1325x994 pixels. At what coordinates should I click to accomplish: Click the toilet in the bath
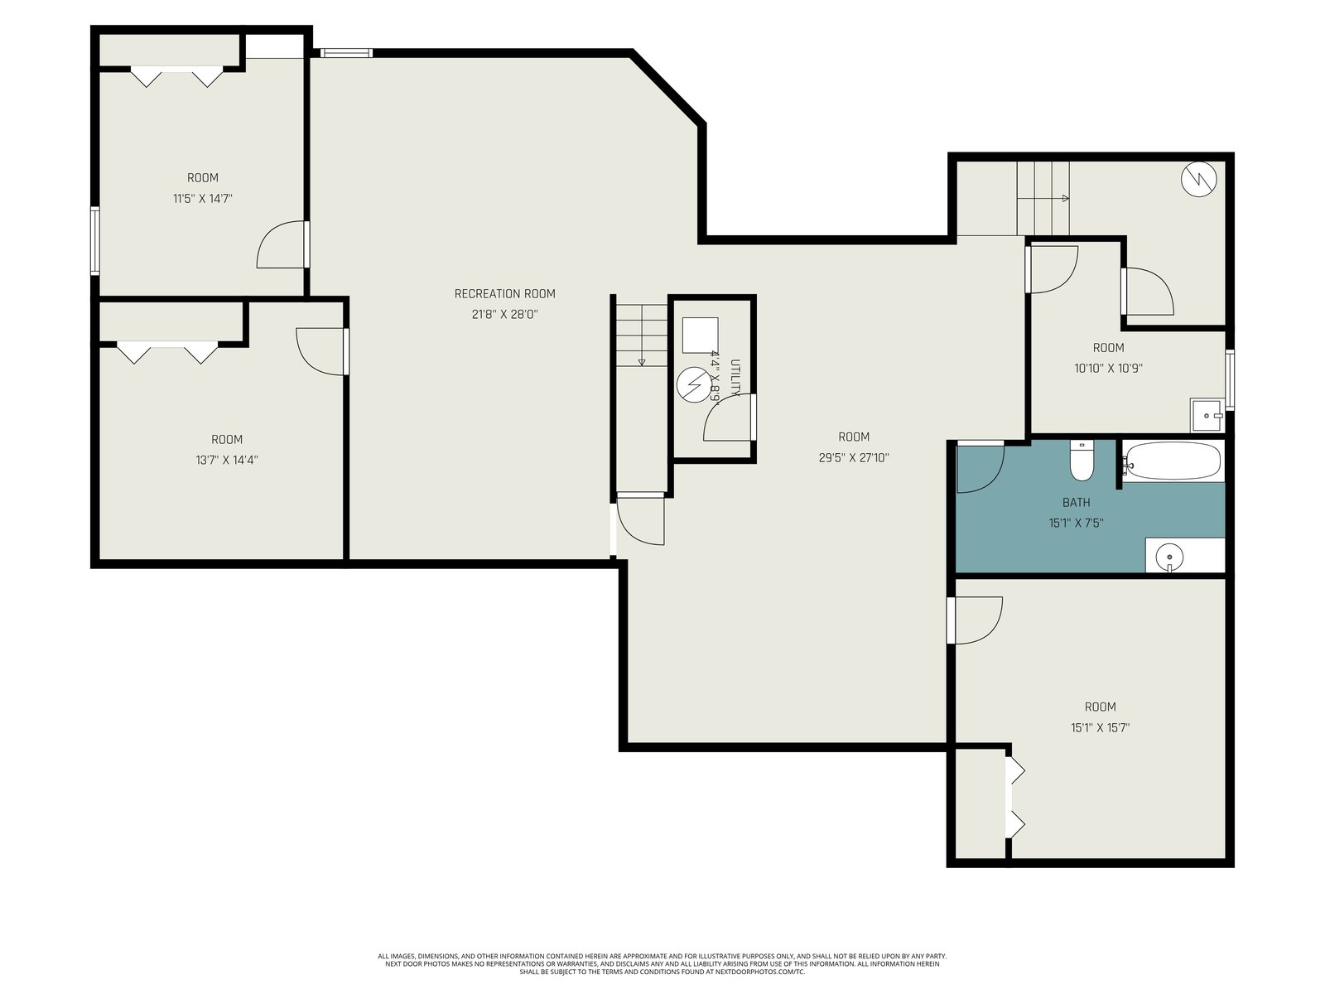click(x=1082, y=460)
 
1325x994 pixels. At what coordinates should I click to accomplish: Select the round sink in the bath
click(x=1169, y=555)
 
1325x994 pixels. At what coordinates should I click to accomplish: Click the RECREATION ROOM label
click(x=504, y=294)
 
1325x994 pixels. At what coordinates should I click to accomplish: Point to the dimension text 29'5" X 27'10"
click(x=854, y=457)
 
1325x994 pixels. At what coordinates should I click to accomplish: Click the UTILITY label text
click(x=735, y=378)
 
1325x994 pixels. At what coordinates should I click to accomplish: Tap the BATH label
click(x=1077, y=502)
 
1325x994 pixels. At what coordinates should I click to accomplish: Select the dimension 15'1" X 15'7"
click(x=1100, y=728)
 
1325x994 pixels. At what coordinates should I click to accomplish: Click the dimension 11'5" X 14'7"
click(x=202, y=198)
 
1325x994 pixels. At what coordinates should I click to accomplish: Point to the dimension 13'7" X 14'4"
click(x=226, y=460)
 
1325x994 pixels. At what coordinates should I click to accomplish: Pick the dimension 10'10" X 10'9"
click(x=1108, y=368)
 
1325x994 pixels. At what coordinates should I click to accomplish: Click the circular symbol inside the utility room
click(x=694, y=385)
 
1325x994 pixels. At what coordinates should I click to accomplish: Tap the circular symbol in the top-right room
click(x=1199, y=179)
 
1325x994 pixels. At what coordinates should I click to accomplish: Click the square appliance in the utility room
click(x=701, y=335)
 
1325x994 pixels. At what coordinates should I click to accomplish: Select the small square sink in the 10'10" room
click(x=1207, y=415)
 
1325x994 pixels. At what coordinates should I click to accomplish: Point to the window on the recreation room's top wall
click(x=346, y=53)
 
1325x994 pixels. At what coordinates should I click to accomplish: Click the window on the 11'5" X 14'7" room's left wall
click(x=94, y=241)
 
